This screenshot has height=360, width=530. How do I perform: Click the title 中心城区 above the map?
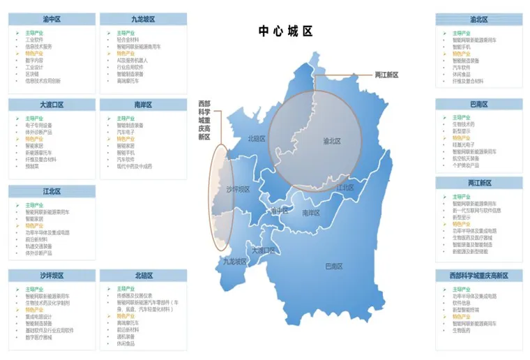pos(285,31)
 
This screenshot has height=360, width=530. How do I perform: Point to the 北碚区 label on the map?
pos(256,139)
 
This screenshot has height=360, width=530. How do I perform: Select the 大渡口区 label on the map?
pos(264,250)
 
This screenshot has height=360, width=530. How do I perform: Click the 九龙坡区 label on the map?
pos(235,262)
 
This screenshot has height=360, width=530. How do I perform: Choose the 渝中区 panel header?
pos(51,20)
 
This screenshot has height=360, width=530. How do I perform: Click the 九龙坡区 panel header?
pos(143,20)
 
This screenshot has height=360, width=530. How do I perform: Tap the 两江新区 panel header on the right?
pos(479,183)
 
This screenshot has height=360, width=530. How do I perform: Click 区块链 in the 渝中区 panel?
pos(32,73)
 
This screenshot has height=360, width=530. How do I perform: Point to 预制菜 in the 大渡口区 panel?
pos(32,166)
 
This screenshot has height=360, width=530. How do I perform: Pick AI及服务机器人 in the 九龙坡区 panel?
pos(133,60)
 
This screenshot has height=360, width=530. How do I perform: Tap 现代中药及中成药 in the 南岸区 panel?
pos(134,166)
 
